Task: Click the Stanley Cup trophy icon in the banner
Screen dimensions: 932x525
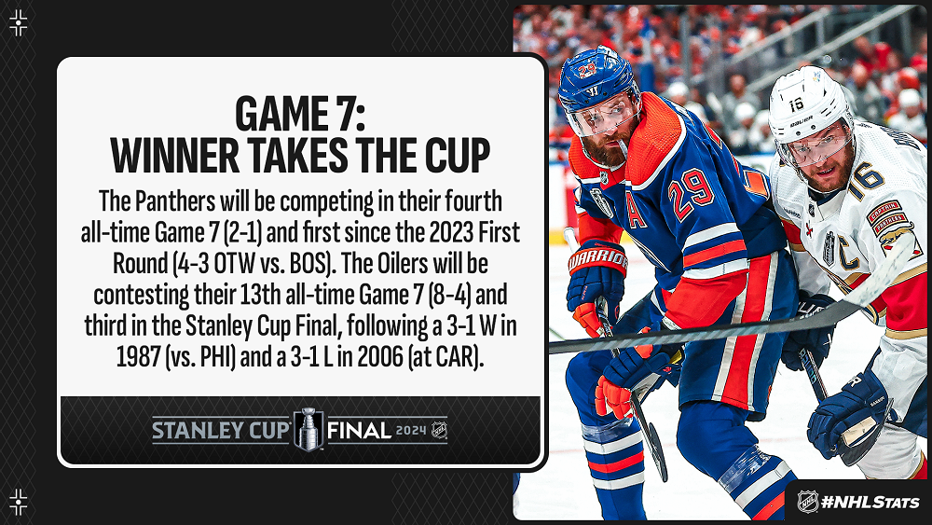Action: click(308, 429)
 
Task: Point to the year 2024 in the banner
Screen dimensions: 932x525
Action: click(411, 431)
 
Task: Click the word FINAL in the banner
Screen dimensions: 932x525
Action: click(359, 431)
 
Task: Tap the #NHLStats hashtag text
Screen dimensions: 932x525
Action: click(870, 503)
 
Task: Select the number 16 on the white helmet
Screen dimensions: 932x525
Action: click(796, 105)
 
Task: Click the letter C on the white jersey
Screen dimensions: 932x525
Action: click(846, 252)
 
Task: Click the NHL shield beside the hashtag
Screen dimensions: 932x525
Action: click(807, 501)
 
